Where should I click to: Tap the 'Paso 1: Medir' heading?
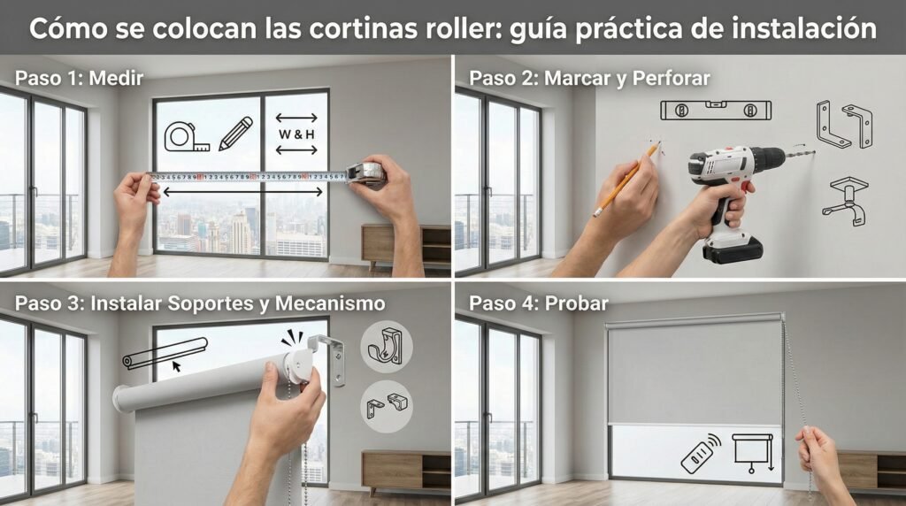point(79,78)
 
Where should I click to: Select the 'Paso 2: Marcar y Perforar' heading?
point(589,78)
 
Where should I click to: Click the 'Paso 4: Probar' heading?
point(538,303)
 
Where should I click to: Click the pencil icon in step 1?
point(235,134)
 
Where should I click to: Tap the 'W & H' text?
point(296,134)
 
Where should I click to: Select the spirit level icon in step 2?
point(716,111)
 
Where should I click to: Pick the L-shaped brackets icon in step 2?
point(844,125)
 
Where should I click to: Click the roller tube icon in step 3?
point(165,353)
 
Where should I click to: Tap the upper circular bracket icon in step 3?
point(387,346)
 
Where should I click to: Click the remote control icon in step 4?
point(699,453)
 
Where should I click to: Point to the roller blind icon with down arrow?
point(751,452)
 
